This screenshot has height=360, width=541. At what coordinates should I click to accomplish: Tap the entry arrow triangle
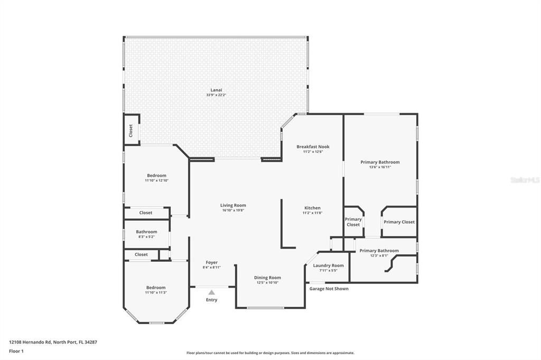pyautogui.click(x=211, y=292)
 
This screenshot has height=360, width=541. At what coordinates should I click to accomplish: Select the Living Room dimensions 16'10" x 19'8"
pyautogui.click(x=233, y=210)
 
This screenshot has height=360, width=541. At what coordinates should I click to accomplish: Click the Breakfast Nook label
pyautogui.click(x=313, y=147)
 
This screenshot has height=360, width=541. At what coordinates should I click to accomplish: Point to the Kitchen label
pyautogui.click(x=312, y=208)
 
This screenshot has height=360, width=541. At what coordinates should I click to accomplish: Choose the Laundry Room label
pyautogui.click(x=328, y=266)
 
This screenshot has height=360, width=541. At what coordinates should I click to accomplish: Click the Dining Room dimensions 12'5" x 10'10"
pyautogui.click(x=268, y=282)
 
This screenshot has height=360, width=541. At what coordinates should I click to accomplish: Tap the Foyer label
pyautogui.click(x=211, y=262)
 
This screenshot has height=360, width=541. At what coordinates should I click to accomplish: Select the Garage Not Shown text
pyautogui.click(x=329, y=289)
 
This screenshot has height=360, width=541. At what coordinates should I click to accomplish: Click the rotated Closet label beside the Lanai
pyautogui.click(x=131, y=130)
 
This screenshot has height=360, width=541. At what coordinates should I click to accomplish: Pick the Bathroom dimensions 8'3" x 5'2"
pyautogui.click(x=146, y=236)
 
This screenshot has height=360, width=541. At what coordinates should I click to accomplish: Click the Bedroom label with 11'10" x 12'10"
pyautogui.click(x=156, y=176)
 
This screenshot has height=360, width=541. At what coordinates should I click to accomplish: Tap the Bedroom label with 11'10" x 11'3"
pyautogui.click(x=156, y=288)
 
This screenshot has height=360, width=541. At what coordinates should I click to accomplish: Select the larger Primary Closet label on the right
pyautogui.click(x=399, y=222)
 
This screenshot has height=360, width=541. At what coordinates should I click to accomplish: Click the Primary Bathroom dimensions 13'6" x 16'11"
pyautogui.click(x=380, y=167)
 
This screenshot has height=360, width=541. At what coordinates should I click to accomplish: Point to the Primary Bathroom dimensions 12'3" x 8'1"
pyautogui.click(x=379, y=255)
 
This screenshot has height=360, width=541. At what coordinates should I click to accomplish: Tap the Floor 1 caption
pyautogui.click(x=16, y=351)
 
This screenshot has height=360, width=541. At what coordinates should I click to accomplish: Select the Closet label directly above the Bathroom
pyautogui.click(x=146, y=213)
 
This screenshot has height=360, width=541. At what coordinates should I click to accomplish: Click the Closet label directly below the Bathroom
pyautogui.click(x=141, y=254)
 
